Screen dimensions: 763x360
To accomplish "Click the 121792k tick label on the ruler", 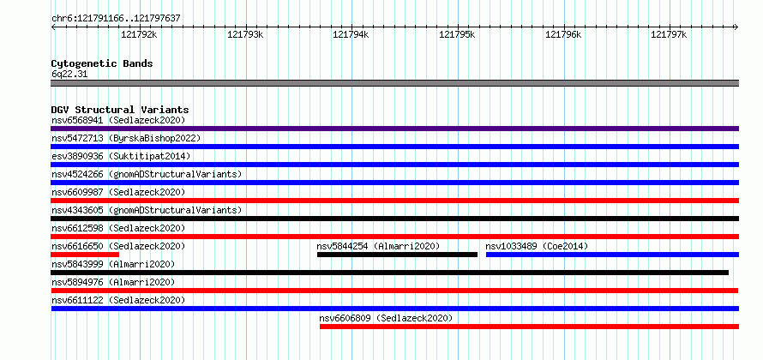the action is click(139, 34).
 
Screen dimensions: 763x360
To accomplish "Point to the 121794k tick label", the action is click(351, 34).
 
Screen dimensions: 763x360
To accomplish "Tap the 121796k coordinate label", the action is click(563, 34).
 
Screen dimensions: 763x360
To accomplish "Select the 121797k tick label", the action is click(669, 34).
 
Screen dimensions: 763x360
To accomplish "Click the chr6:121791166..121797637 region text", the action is click(117, 19).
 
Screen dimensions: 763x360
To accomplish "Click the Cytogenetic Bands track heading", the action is click(102, 63).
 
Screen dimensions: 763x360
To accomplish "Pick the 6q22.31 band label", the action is click(69, 75).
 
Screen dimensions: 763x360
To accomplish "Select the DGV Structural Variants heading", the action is click(120, 110).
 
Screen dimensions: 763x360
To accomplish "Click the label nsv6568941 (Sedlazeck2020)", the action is click(118, 120).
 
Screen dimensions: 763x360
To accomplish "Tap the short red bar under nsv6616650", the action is click(85, 255).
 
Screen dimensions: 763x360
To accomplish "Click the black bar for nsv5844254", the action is click(397, 255).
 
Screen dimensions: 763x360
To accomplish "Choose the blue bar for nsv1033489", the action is click(612, 255).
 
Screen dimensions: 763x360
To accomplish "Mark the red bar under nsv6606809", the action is click(529, 327).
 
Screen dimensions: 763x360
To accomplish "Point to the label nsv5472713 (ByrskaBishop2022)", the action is click(126, 138).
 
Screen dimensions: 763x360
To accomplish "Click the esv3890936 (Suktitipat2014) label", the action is click(121, 156).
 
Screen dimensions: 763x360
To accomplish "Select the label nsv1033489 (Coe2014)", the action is click(537, 246).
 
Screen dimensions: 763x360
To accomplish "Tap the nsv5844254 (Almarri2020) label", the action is click(378, 246).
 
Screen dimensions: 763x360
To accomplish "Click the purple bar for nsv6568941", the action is click(394, 129).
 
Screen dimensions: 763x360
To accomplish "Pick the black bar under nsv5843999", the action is click(390, 273).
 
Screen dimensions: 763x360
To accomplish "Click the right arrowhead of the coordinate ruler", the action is click(736, 27).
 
